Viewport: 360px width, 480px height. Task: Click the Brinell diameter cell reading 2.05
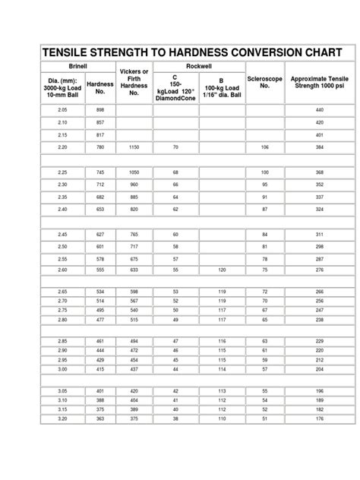(63, 110)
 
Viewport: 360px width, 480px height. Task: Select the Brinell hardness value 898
(99, 110)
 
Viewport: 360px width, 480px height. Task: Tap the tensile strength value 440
(320, 110)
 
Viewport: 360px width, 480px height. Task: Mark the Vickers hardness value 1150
(134, 146)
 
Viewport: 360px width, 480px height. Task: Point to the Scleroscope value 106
(265, 146)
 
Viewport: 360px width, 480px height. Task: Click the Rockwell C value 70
(175, 146)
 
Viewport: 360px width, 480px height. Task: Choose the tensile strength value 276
(320, 270)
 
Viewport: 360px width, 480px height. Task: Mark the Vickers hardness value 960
(134, 184)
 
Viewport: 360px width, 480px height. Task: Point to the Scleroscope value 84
(265, 234)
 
